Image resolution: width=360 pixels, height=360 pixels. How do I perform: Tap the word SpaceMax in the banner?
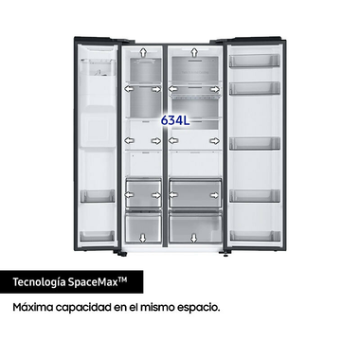[100, 282]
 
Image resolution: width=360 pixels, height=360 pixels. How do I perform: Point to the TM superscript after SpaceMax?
[135, 278]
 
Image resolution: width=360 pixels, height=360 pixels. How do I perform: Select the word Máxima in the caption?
[34, 309]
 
